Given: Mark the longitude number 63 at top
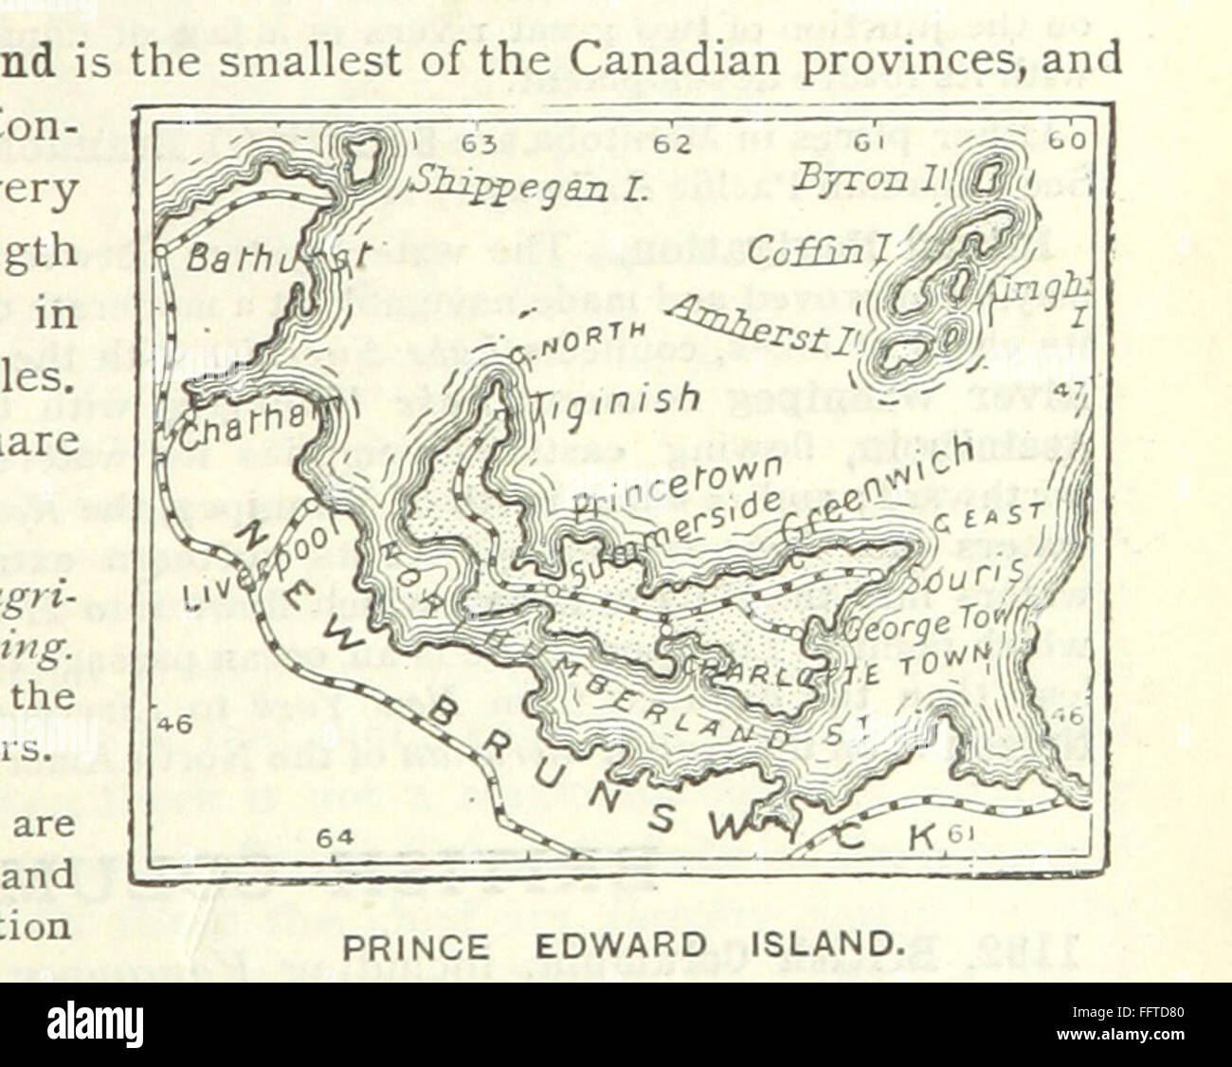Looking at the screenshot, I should pyautogui.click(x=481, y=142).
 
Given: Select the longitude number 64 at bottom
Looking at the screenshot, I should pyautogui.click(x=334, y=839).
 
